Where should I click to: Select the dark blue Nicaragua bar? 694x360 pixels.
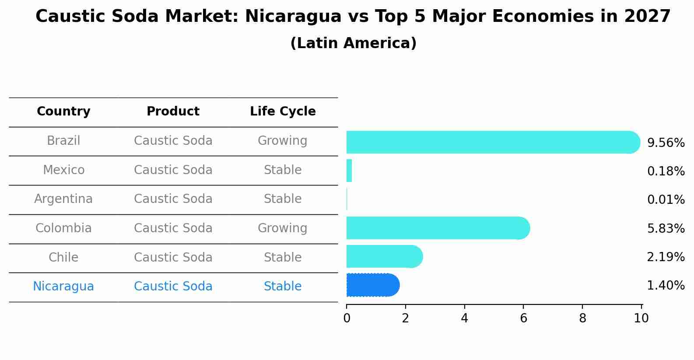click(372, 285)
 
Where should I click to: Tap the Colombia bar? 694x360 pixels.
click(438, 228)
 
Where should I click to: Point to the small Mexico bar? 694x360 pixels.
click(349, 171)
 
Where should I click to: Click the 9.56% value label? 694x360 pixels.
click(666, 143)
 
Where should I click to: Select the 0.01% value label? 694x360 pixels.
click(666, 200)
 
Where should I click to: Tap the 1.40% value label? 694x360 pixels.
click(666, 286)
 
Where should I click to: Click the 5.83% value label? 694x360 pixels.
click(666, 228)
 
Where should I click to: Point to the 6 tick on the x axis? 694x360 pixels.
click(523, 318)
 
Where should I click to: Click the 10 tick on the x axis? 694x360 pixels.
click(641, 318)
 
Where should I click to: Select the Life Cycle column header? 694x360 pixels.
click(283, 112)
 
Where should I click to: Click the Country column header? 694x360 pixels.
click(63, 112)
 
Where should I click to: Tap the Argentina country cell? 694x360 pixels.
click(63, 199)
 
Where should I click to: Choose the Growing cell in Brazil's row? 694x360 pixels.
click(283, 141)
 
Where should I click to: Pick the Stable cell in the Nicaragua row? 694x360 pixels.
click(283, 287)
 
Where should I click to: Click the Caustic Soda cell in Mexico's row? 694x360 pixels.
click(173, 170)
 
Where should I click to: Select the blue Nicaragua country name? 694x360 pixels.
click(63, 287)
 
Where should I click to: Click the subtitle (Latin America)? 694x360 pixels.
click(353, 43)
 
